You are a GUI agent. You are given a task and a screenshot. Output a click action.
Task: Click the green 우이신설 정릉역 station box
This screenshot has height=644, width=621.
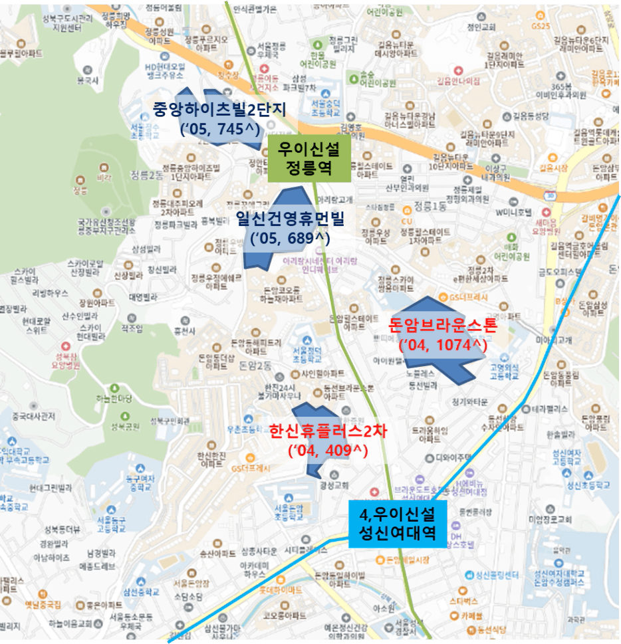299,160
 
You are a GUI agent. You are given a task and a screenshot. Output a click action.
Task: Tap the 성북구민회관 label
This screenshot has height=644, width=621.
170,421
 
